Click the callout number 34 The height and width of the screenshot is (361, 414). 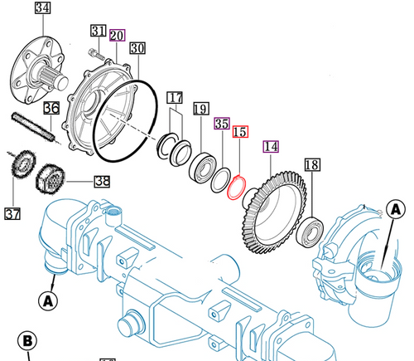tap(41, 10)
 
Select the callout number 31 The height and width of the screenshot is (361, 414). tap(99, 32)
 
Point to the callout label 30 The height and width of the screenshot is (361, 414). tap(137, 47)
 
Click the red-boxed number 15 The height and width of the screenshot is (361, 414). tap(240, 132)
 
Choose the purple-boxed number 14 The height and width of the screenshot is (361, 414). tap(271, 147)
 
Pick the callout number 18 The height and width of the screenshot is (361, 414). tap(312, 164)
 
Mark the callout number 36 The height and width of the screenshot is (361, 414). tap(51, 109)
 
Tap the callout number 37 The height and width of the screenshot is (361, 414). tap(12, 214)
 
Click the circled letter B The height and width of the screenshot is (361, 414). tap(26, 340)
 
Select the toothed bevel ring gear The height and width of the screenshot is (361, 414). tap(273, 207)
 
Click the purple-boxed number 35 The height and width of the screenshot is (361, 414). tap(220, 124)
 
